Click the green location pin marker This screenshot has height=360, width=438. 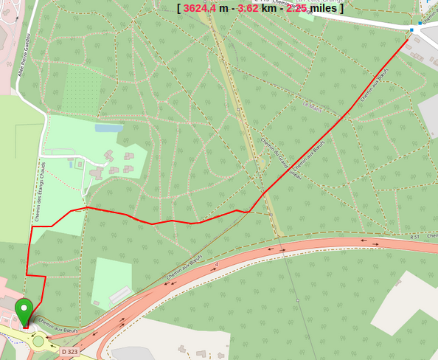click(24, 308)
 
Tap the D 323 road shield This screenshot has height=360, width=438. click(69, 352)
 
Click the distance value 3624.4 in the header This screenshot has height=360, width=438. click(200, 8)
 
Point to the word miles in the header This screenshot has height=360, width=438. click(324, 8)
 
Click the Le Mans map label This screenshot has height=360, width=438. click(314, 105)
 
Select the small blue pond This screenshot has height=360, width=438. click(109, 128)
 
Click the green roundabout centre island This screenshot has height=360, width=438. click(38, 341)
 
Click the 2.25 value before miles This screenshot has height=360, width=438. click(296, 8)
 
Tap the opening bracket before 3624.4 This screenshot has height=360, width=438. click(179, 8)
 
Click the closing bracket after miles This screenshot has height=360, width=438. click(341, 8)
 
